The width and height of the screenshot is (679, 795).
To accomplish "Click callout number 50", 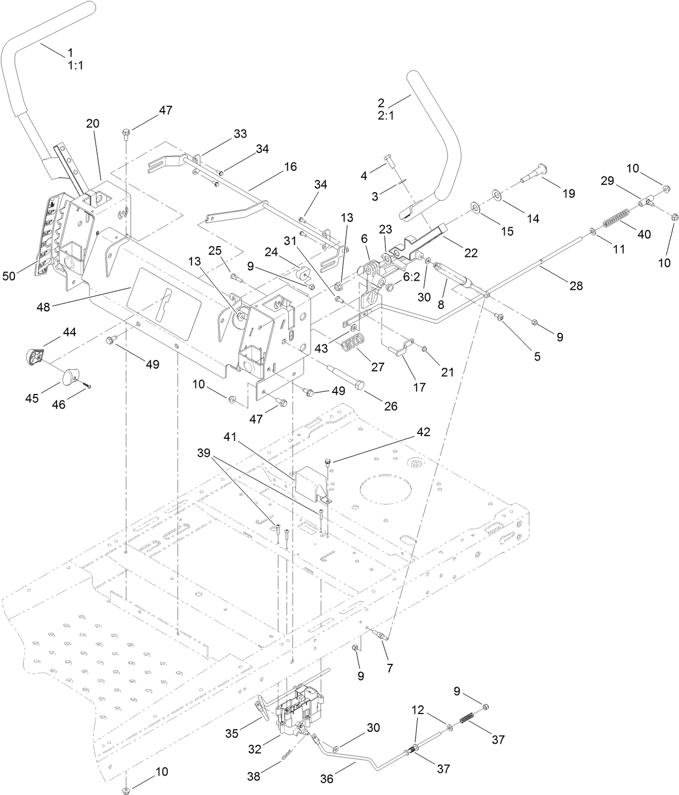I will click(x=10, y=276).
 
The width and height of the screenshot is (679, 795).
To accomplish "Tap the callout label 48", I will click(x=43, y=307).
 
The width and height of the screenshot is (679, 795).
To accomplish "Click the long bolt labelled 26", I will click(x=345, y=376).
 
